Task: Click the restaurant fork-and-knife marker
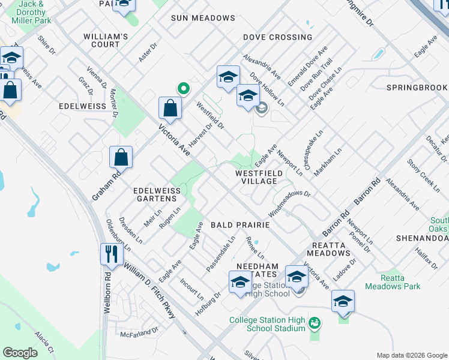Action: point(112,254)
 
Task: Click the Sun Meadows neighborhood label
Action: point(203,18)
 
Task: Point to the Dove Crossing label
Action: point(277,37)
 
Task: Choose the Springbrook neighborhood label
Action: point(417,88)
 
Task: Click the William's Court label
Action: point(106,40)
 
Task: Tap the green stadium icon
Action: point(314,324)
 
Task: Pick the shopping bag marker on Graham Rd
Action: point(121,157)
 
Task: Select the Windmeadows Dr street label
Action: point(289,203)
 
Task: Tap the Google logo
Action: point(20,353)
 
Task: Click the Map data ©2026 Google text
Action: point(412,355)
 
